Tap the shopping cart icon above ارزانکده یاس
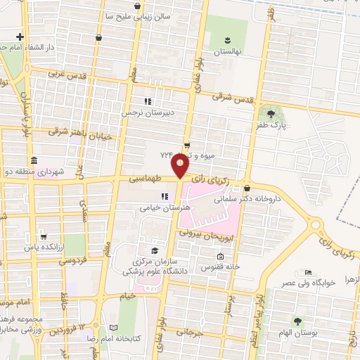click(x=44, y=236)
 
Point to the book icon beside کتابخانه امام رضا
click(x=113, y=328)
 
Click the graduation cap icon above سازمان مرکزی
click(x=154, y=251)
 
